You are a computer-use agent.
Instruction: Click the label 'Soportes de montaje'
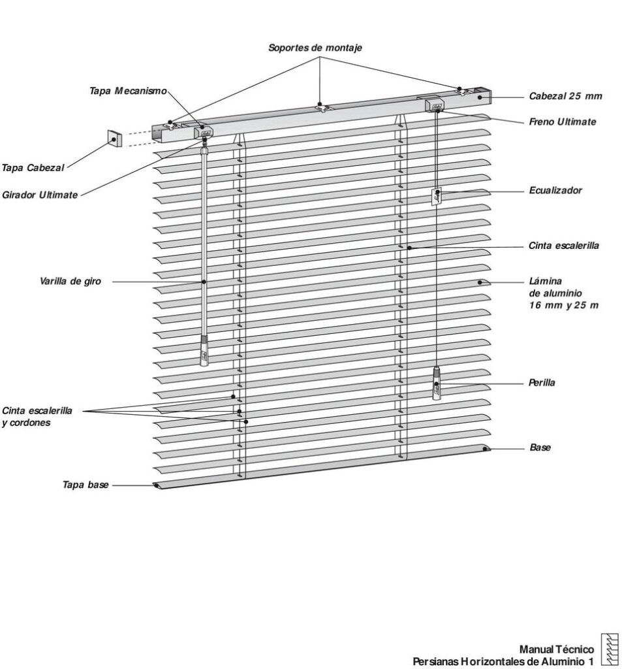(x=315, y=48)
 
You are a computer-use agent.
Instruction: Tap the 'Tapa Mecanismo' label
(x=128, y=91)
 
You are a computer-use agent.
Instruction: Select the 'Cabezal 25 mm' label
(x=565, y=97)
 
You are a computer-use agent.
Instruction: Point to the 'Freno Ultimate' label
(x=563, y=122)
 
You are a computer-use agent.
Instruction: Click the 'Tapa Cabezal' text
(x=33, y=168)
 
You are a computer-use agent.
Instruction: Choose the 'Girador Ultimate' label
(x=40, y=195)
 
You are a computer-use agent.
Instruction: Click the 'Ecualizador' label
(x=555, y=191)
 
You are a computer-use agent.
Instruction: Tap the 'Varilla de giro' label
(x=70, y=282)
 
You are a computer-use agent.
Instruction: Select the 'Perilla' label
(x=542, y=383)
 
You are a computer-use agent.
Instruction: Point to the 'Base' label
(x=540, y=448)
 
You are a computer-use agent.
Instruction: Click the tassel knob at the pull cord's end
(x=436, y=385)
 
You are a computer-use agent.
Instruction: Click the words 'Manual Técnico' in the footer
(x=556, y=649)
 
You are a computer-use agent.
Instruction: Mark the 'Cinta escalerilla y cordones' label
(x=37, y=417)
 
